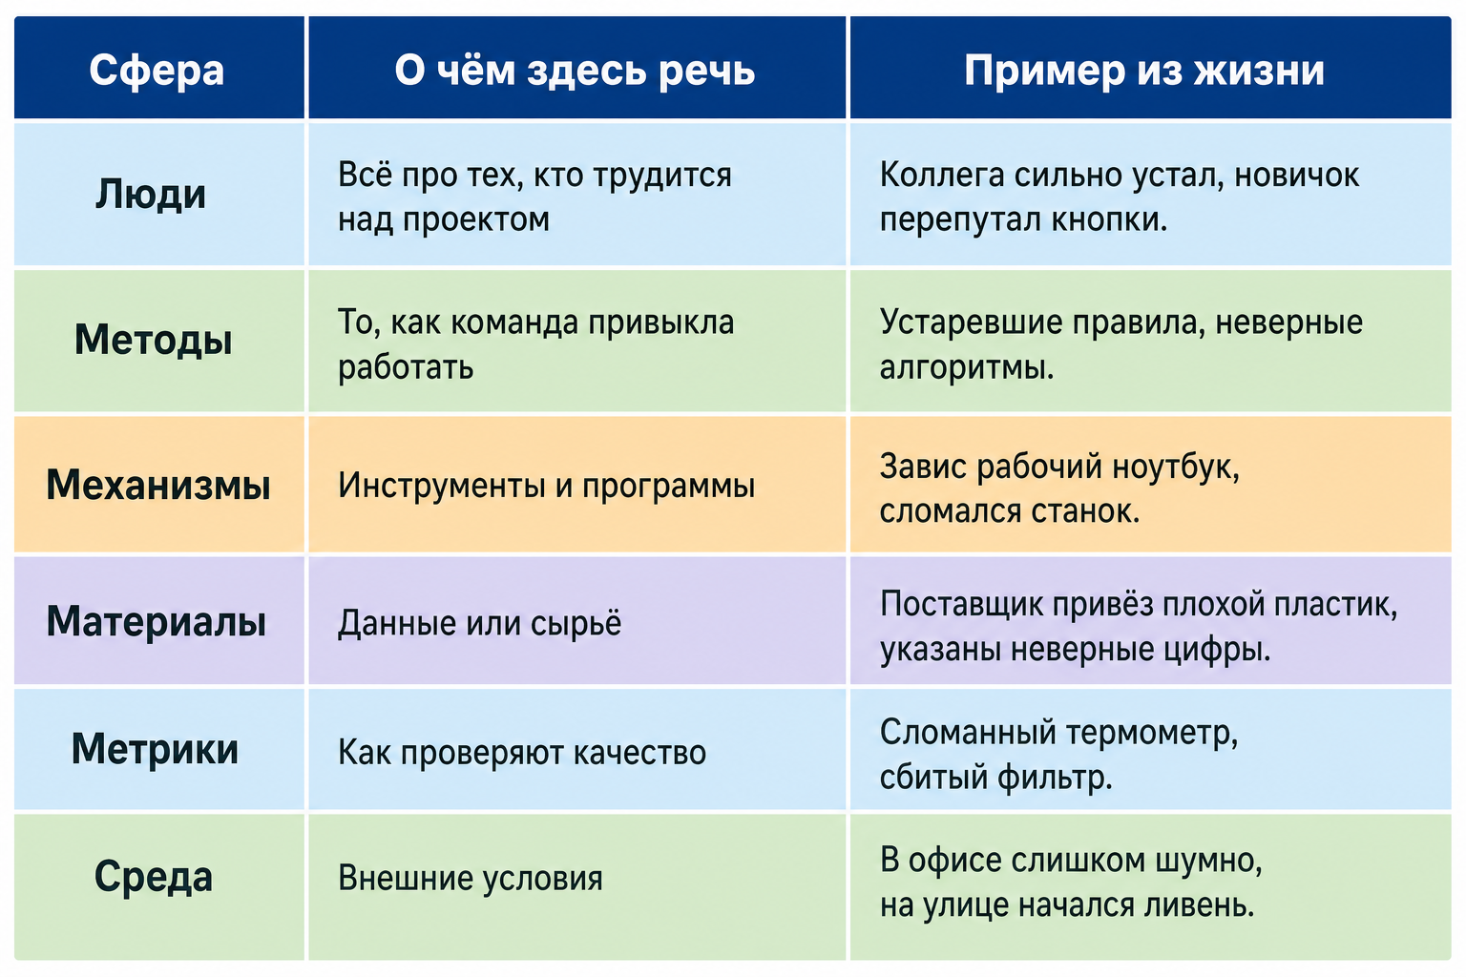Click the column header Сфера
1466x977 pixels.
(157, 70)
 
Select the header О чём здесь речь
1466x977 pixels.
(575, 70)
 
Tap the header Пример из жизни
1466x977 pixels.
(1144, 70)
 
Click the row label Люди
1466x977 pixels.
(151, 195)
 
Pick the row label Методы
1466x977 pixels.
(153, 341)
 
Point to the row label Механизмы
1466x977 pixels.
(157, 485)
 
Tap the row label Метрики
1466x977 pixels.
(155, 749)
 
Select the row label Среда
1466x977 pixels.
(153, 877)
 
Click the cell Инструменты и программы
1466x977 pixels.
(547, 487)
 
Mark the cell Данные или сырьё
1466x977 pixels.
(479, 623)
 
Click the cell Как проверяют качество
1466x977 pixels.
(522, 753)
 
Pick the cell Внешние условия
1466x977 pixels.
(470, 878)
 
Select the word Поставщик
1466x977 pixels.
(961, 605)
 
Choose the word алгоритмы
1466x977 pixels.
(967, 367)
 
